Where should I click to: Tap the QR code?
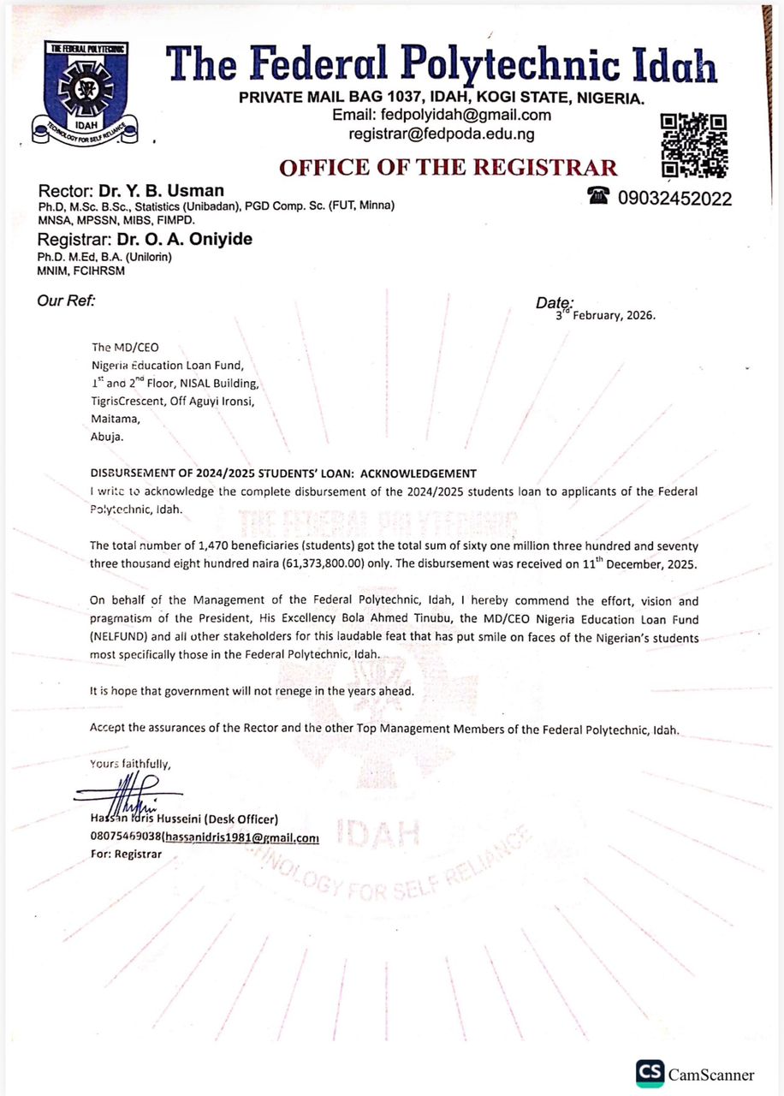click(x=693, y=146)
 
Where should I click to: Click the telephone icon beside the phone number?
click(x=598, y=196)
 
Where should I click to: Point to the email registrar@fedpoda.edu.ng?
click(x=441, y=134)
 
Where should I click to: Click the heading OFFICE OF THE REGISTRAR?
click(x=448, y=168)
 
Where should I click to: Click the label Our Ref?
click(x=65, y=301)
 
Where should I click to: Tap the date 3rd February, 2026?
click(x=605, y=314)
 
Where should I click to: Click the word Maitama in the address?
click(x=112, y=420)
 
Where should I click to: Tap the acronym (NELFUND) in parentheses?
click(x=120, y=638)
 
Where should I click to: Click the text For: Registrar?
click(x=125, y=854)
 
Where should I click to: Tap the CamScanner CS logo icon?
click(x=650, y=1074)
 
